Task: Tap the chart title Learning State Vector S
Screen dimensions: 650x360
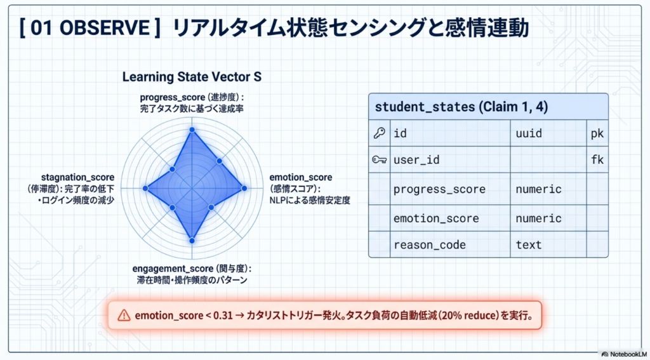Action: (x=192, y=77)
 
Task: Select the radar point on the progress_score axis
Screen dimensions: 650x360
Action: (x=192, y=130)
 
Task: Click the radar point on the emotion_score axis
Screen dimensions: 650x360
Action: (x=244, y=189)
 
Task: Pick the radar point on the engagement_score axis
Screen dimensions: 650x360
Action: (x=192, y=241)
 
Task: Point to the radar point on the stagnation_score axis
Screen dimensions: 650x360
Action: (x=145, y=189)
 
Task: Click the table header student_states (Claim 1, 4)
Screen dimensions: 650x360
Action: (x=461, y=107)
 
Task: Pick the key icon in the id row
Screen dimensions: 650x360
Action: (x=380, y=133)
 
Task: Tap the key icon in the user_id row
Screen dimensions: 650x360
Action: (x=380, y=159)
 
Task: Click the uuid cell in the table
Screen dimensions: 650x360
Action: (x=529, y=133)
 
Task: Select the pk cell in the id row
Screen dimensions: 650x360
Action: (x=597, y=133)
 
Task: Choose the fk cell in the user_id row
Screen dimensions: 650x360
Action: (x=597, y=159)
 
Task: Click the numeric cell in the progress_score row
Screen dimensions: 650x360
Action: (x=538, y=189)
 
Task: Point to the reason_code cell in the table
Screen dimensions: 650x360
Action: (x=430, y=245)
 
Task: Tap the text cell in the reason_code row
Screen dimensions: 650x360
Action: (x=529, y=244)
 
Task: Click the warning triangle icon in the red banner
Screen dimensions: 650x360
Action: (x=124, y=315)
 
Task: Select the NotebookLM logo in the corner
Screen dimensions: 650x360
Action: (x=623, y=355)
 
